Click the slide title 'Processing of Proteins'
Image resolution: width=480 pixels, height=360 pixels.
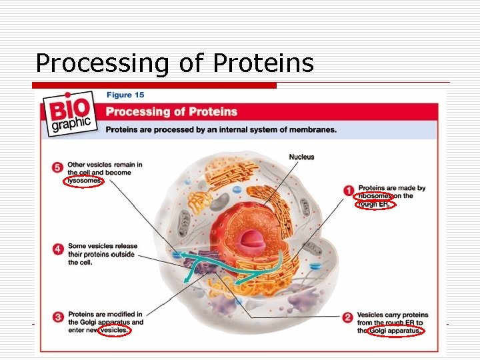point(174,63)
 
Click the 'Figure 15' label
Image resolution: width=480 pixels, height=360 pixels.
point(125,95)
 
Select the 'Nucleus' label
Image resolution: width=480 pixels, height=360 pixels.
point(301,157)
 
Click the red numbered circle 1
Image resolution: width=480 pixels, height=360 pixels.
point(348,191)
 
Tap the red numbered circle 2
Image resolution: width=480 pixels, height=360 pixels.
point(347,318)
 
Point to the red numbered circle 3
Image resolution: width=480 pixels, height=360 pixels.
point(57,317)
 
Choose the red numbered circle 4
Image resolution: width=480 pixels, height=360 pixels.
point(57,249)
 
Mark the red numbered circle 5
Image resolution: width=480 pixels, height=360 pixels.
point(57,167)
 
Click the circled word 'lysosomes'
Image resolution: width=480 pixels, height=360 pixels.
point(83,181)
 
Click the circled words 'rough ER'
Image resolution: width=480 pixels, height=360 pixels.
point(375,205)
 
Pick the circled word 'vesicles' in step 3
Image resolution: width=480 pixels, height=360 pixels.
point(114,330)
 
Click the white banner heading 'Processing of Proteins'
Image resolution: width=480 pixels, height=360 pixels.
point(171,111)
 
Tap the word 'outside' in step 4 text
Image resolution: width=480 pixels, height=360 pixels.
point(121,255)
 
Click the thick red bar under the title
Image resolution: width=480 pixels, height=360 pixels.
point(155,85)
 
